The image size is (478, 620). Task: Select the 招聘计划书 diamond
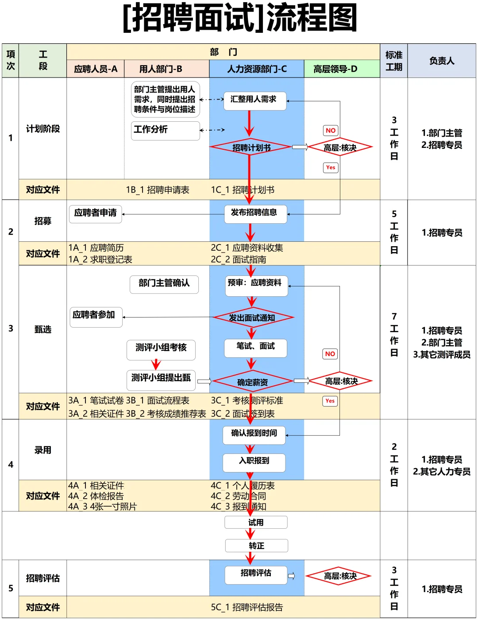(x=251, y=147)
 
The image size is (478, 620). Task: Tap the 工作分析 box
(x=165, y=130)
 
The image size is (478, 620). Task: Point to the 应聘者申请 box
(x=95, y=214)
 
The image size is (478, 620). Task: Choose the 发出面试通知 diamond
(x=253, y=318)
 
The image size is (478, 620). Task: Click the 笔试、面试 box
(x=255, y=347)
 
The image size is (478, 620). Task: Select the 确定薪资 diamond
(x=252, y=382)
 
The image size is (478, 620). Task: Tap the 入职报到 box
(x=254, y=462)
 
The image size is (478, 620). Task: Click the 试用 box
(x=256, y=523)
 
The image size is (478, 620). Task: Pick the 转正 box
(x=257, y=546)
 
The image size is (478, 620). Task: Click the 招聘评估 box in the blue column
(x=255, y=574)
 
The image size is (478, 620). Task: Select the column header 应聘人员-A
(x=96, y=69)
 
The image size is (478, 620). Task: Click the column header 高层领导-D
(x=335, y=69)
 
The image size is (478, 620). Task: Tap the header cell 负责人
(x=441, y=61)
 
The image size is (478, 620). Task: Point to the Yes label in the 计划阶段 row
(x=331, y=167)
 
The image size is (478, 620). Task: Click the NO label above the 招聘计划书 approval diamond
(x=331, y=131)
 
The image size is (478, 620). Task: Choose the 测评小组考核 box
(x=161, y=349)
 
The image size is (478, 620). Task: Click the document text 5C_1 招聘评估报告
(x=247, y=607)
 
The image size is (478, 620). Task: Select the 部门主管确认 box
(x=164, y=284)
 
